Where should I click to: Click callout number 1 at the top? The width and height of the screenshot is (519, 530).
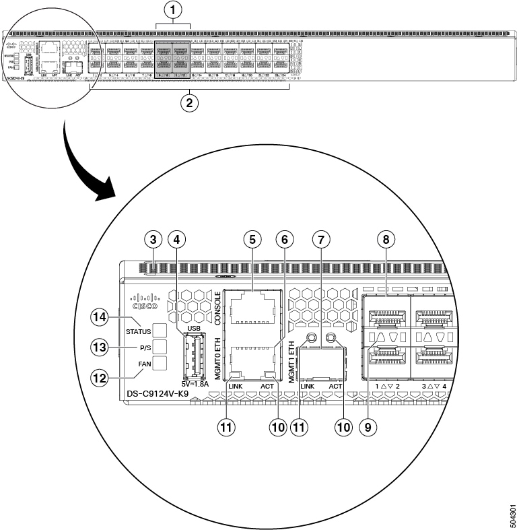pos(173,11)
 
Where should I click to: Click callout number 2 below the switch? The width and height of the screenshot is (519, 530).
pos(191,104)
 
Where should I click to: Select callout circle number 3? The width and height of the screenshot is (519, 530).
pos(153,239)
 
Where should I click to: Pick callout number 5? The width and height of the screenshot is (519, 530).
pos(252,239)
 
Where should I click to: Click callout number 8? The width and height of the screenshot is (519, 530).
pos(386,239)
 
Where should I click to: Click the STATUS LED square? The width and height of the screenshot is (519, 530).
pos(160,331)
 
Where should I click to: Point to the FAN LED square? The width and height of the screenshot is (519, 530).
pos(160,364)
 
